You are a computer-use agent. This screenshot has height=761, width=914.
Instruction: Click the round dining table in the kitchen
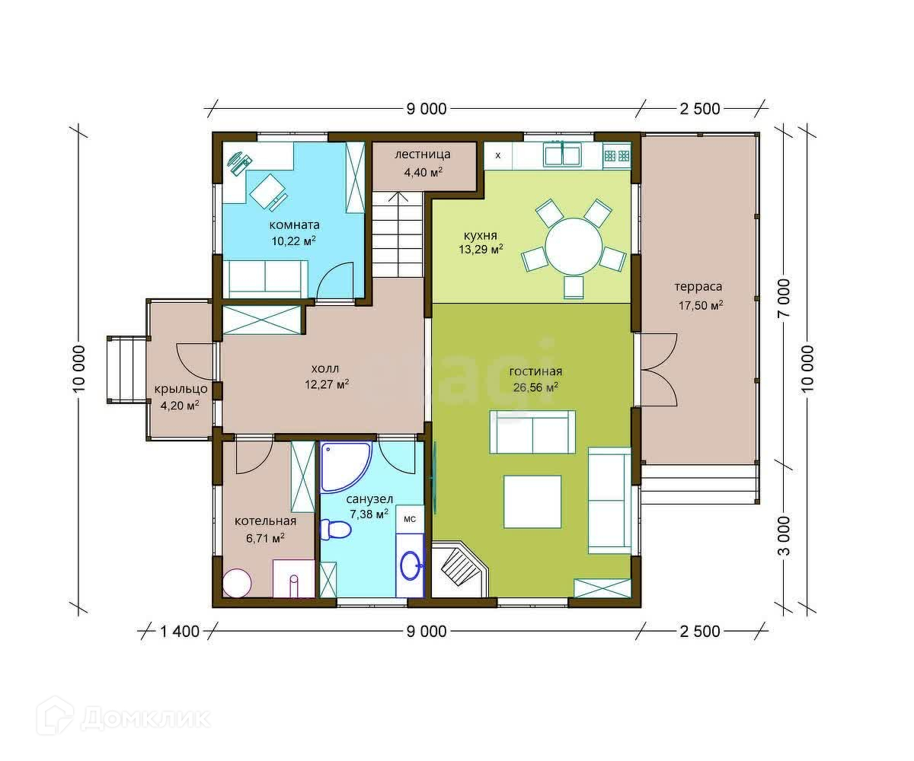pyautogui.click(x=574, y=247)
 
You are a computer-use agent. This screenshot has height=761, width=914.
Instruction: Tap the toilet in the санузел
pyautogui.click(x=335, y=530)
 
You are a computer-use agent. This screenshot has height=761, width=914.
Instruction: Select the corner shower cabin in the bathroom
pyautogui.click(x=346, y=466)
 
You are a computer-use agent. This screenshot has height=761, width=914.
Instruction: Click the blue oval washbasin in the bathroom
pyautogui.click(x=411, y=565)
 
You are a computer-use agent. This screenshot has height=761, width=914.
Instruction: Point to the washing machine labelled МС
pyautogui.click(x=410, y=519)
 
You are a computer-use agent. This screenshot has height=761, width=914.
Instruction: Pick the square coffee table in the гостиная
pyautogui.click(x=532, y=501)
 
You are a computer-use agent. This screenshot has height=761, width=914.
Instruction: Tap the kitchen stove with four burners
pyautogui.click(x=617, y=156)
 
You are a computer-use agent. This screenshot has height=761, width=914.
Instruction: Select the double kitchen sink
pyautogui.click(x=563, y=154)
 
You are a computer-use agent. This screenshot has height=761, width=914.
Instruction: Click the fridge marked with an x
pyautogui.click(x=497, y=155)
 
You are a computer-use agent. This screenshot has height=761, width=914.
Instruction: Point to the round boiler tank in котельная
pyautogui.click(x=237, y=583)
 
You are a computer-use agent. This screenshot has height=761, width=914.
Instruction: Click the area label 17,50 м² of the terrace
pyautogui.click(x=701, y=305)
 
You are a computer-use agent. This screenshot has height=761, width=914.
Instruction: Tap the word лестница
pyautogui.click(x=423, y=154)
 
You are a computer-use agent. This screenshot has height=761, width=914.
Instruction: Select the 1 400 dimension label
pyautogui.click(x=180, y=632)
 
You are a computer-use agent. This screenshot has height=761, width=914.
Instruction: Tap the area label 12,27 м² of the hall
pyautogui.click(x=327, y=384)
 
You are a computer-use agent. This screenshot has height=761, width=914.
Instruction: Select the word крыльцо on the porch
pyautogui.click(x=181, y=389)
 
